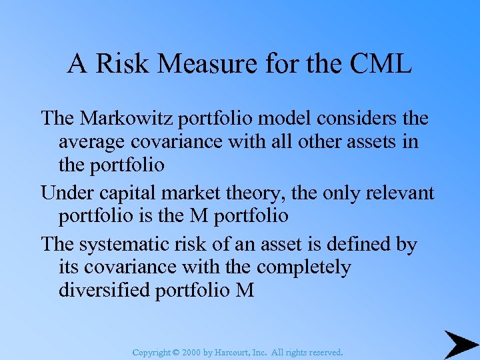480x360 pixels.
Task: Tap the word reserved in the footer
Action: tap(323, 351)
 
